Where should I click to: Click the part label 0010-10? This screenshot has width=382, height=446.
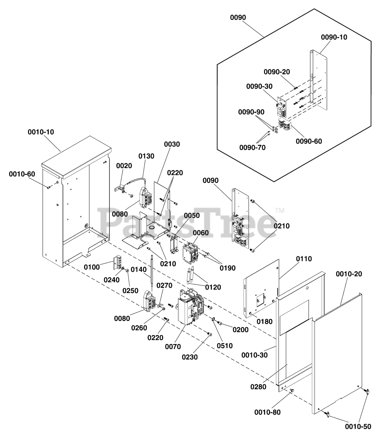point(41,132)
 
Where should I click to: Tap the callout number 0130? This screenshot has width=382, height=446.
point(146,156)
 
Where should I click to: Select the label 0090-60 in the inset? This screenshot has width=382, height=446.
point(309,141)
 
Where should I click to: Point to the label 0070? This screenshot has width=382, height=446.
point(173,347)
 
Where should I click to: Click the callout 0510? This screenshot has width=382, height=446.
point(225,346)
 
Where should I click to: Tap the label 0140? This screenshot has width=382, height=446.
point(139,269)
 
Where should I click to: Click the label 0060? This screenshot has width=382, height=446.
point(201,233)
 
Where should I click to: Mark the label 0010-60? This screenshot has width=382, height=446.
point(22,174)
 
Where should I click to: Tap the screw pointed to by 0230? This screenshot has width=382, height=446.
point(209,334)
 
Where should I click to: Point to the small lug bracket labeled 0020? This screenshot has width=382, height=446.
point(119,189)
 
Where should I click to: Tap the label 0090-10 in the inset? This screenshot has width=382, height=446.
point(334,37)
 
